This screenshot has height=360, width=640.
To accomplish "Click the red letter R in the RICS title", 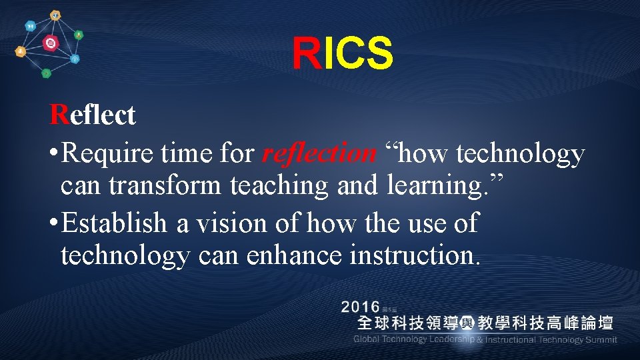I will [307, 54].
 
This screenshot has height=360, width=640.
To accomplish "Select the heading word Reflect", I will [93, 115].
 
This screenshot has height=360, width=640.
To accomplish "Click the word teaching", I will [279, 187].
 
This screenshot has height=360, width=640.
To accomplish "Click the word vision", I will [225, 223].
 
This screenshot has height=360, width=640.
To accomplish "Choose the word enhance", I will [297, 257].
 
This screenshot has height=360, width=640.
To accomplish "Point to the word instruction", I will [413, 257].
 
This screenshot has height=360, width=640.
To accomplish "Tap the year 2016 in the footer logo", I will [360, 307].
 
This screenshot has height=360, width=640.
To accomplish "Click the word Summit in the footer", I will [601, 340].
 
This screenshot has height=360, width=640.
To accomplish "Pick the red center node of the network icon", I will [51, 43].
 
